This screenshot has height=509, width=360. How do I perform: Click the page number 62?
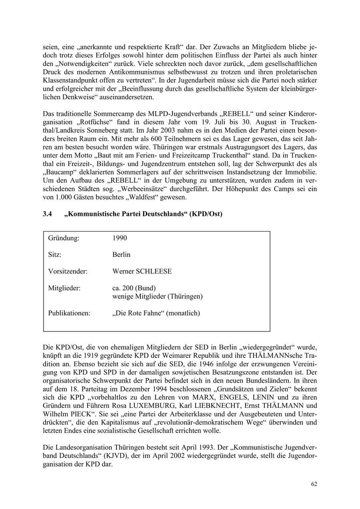[314, 484]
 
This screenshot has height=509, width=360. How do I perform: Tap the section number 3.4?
[48, 214]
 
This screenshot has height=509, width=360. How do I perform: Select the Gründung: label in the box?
[64, 238]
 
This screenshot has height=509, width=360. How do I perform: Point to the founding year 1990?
[120, 238]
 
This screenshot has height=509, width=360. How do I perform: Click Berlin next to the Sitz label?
[121, 255]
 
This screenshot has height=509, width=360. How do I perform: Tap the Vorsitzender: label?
[68, 271]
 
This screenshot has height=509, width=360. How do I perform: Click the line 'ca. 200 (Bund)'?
[134, 288]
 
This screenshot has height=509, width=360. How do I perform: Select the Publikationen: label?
[69, 313]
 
